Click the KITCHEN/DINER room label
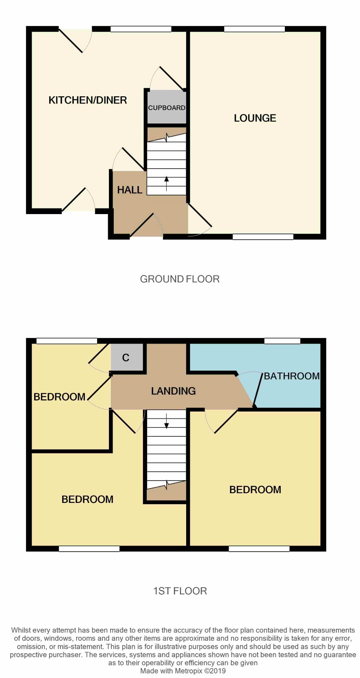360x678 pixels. (87, 100)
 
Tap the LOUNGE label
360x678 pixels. (255, 118)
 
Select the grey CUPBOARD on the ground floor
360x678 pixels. (167, 107)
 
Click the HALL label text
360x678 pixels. (130, 190)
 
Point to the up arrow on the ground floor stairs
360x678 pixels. (166, 184)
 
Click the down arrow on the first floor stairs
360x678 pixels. (166, 421)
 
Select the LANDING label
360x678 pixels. (173, 391)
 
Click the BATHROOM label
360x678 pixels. (292, 376)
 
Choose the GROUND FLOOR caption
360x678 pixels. (180, 279)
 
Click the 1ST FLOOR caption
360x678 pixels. (180, 591)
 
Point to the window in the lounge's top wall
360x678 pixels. (254, 29)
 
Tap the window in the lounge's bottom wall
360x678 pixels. (263, 237)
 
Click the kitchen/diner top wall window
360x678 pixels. (141, 29)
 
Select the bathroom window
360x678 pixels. (282, 341)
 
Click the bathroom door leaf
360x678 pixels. (258, 390)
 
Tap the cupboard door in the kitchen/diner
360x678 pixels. (172, 78)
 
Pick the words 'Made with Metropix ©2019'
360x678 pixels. (183, 671)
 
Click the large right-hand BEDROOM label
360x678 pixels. (255, 490)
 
